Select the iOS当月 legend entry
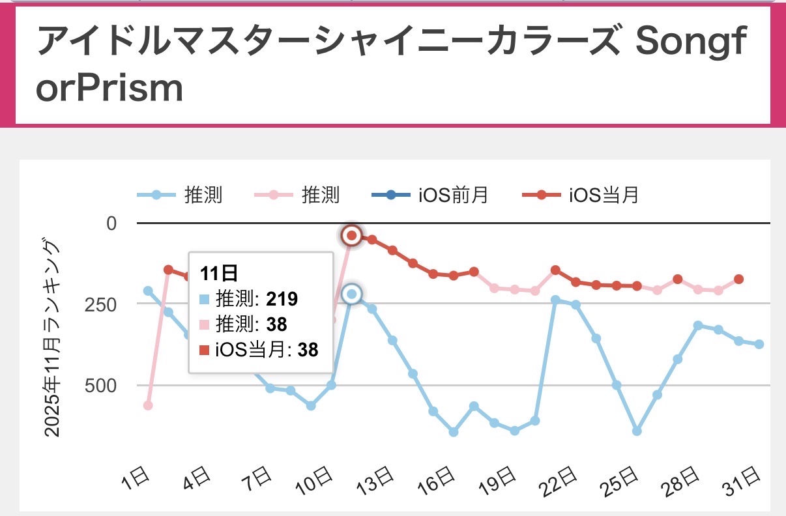point(581,195)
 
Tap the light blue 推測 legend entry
point(179,195)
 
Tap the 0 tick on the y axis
point(110,223)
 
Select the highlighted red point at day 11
point(352,236)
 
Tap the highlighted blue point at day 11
point(352,294)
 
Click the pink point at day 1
point(148,405)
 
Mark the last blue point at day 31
point(759,344)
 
